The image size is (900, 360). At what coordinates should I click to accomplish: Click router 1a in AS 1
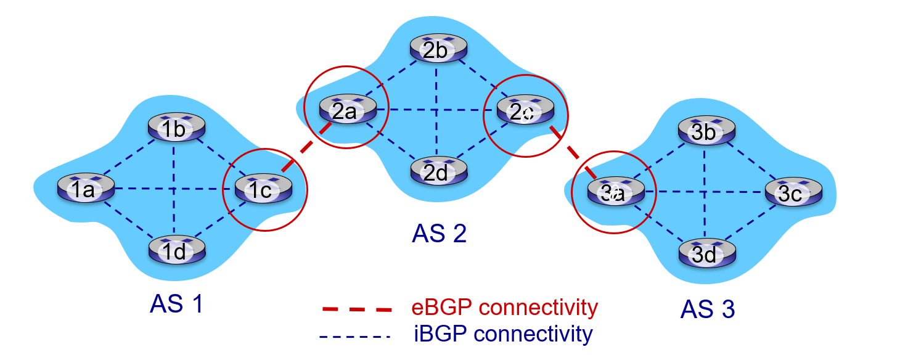pyautogui.click(x=86, y=187)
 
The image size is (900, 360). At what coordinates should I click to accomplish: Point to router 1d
pyautogui.click(x=176, y=250)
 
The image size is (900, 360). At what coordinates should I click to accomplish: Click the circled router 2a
pyautogui.click(x=348, y=110)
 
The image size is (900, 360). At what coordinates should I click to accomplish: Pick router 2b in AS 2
pyautogui.click(x=438, y=49)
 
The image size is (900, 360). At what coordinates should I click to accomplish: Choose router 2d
pyautogui.click(x=438, y=170)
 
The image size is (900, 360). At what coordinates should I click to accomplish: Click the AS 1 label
pyautogui.click(x=176, y=304)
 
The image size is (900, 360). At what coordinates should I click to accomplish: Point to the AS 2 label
pyautogui.click(x=439, y=234)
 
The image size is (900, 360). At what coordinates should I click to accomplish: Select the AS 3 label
pyautogui.click(x=708, y=309)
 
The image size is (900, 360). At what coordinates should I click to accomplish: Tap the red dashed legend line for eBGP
pyautogui.click(x=356, y=308)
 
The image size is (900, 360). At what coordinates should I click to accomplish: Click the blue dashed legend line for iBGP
pyautogui.click(x=356, y=337)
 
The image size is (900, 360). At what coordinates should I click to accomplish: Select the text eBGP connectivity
pyautogui.click(x=504, y=307)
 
